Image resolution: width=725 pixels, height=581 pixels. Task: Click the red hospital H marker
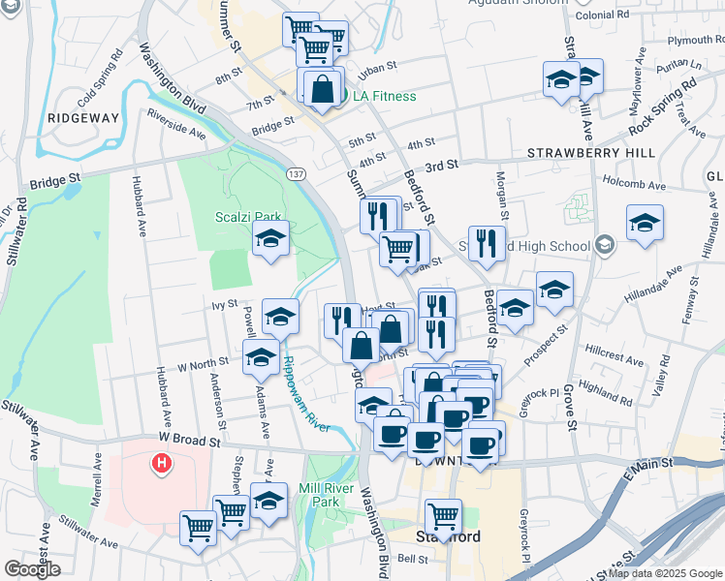[x=162, y=465]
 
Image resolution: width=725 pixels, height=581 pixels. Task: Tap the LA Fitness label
[x=384, y=96]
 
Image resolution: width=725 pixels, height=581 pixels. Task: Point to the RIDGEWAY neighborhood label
[x=82, y=117]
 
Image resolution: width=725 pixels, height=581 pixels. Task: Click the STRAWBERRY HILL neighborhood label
[x=590, y=153]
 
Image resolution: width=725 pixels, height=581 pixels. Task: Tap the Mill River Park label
[x=332, y=495]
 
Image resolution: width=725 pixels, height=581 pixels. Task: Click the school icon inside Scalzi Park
[x=270, y=237]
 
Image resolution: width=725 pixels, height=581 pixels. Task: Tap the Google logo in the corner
[x=33, y=569]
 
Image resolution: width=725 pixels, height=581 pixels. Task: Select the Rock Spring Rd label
[x=662, y=107]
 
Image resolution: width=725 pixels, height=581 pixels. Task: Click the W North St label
[x=189, y=365]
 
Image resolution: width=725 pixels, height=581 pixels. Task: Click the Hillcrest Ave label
[x=614, y=353]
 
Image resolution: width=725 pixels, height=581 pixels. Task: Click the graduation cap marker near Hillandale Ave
[x=644, y=225]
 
